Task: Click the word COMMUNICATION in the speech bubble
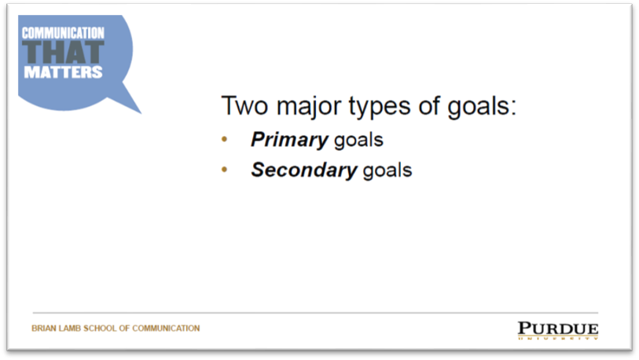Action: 63,33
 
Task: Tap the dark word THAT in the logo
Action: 63,52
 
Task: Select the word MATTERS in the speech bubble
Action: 63,72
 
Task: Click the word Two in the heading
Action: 244,105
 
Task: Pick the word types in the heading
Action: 380,108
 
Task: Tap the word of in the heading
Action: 428,105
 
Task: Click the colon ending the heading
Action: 512,108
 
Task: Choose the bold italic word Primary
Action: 290,140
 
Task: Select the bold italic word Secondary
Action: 304,170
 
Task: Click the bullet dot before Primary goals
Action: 224,139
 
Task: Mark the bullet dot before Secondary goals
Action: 224,169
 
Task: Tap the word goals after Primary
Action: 358,141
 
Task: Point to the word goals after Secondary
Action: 387,171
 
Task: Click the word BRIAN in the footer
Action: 44,329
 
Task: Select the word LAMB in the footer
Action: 70,329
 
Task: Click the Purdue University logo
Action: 558,330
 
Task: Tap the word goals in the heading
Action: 478,108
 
